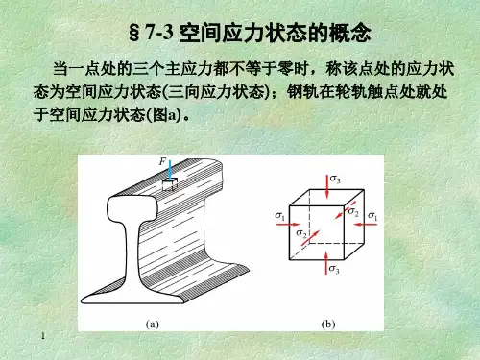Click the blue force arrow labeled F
[170, 171]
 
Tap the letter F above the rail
[163, 162]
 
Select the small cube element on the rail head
[170, 185]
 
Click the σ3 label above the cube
[335, 179]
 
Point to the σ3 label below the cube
[334, 269]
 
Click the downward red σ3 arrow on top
[326, 186]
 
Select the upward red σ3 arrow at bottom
[325, 263]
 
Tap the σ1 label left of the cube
[279, 216]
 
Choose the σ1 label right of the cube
[372, 216]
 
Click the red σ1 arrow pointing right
[289, 225]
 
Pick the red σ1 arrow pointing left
[366, 225]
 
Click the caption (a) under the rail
[153, 324]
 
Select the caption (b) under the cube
[328, 324]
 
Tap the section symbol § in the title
[134, 33]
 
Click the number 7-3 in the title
[159, 33]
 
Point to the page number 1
[43, 336]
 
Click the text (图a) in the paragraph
[163, 115]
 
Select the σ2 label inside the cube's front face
[301, 233]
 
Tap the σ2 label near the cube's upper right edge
[353, 211]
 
